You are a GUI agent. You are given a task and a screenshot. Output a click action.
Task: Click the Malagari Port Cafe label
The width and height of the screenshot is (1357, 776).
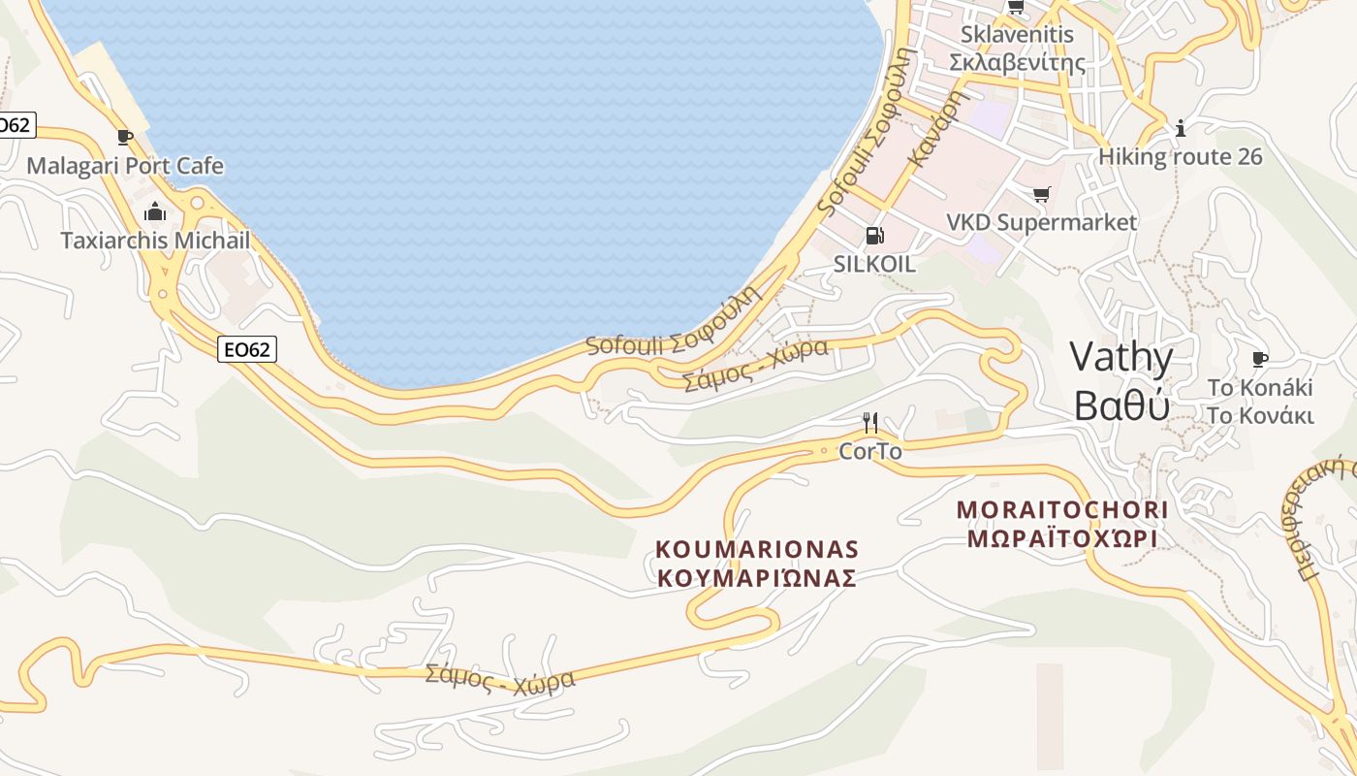pyautogui.click(x=125, y=166)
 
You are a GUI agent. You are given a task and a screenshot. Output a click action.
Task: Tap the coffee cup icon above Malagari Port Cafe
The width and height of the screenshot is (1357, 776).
pyautogui.click(x=124, y=137)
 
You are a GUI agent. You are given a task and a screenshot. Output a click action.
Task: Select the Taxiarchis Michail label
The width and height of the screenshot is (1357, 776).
pyautogui.click(x=155, y=241)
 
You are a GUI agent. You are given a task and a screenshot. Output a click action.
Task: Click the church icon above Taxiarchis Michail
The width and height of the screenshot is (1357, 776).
pyautogui.click(x=155, y=211)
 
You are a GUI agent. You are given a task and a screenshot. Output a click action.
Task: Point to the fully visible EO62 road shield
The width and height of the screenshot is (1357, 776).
pyautogui.click(x=246, y=349)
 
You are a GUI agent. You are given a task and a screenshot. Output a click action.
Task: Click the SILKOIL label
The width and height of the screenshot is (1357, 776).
pyautogui.click(x=874, y=264)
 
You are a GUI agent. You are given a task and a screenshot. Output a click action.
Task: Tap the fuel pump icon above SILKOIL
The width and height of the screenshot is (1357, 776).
pyautogui.click(x=873, y=236)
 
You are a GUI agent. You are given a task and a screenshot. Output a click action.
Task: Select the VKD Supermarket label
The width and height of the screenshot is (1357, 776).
pyautogui.click(x=1041, y=222)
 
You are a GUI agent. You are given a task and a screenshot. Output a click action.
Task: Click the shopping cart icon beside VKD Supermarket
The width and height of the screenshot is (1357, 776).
pyautogui.click(x=1041, y=195)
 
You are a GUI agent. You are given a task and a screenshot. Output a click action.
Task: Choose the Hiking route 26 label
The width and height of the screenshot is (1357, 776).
pyautogui.click(x=1180, y=156)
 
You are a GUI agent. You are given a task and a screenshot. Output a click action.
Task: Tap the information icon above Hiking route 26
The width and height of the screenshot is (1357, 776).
pyautogui.click(x=1180, y=128)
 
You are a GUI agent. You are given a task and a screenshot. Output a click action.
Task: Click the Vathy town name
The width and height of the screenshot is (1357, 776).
pyautogui.click(x=1121, y=358)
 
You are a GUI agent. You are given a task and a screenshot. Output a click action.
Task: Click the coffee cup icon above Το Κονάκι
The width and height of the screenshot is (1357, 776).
pyautogui.click(x=1259, y=360)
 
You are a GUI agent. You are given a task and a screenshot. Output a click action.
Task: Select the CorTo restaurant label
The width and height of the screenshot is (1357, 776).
pyautogui.click(x=869, y=451)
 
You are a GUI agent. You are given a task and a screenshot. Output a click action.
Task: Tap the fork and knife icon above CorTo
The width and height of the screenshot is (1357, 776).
pyautogui.click(x=870, y=423)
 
